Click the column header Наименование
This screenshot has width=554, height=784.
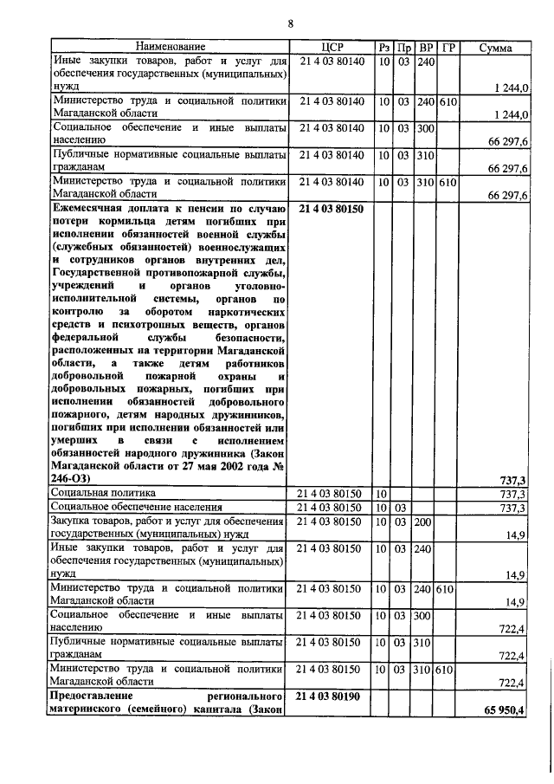coord(171,47)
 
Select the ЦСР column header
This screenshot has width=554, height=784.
coord(333,47)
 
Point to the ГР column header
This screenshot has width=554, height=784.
coord(448,47)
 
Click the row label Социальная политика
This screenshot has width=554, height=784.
coord(103,493)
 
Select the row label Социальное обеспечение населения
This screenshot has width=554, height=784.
coord(136,507)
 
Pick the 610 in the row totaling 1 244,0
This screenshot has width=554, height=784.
coord(448,101)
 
